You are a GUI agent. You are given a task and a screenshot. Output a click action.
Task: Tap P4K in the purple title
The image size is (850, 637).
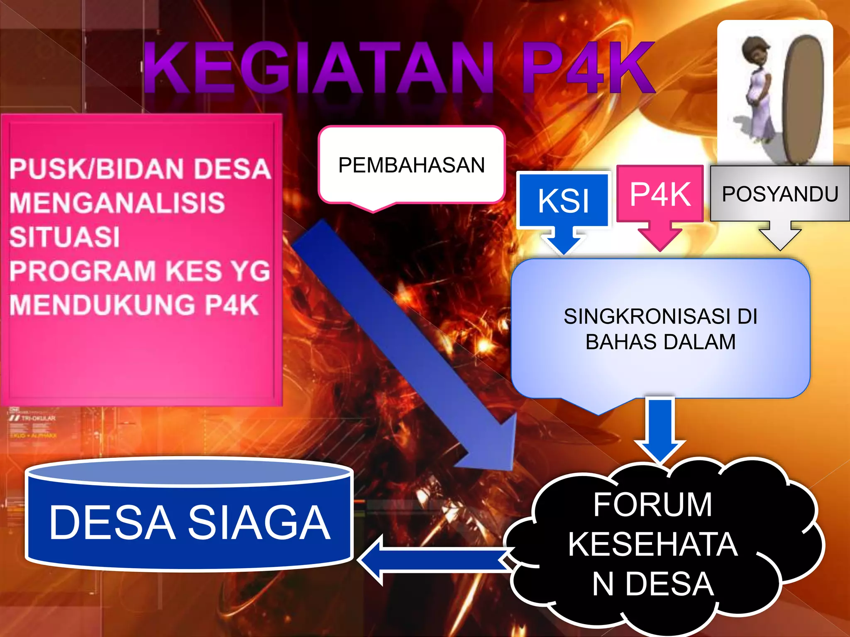(x=587, y=68)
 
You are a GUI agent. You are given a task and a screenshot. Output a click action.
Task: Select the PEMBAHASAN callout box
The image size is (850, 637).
(x=411, y=165)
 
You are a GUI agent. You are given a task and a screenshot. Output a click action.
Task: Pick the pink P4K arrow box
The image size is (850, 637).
(x=660, y=194)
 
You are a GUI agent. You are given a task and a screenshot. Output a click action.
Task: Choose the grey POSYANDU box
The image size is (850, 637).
(x=780, y=194)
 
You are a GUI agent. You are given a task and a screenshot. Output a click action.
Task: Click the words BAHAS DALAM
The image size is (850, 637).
(x=660, y=342)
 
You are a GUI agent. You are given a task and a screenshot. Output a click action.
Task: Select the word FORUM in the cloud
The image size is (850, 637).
(x=652, y=504)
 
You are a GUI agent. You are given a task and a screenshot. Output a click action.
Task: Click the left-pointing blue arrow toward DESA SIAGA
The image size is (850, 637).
(x=432, y=559)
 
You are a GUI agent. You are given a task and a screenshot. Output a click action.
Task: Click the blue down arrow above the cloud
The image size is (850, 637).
(x=659, y=431)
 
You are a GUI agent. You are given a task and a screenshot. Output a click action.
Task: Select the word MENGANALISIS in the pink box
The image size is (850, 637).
(x=117, y=203)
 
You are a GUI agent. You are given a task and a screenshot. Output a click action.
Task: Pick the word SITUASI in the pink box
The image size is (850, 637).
(x=65, y=237)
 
